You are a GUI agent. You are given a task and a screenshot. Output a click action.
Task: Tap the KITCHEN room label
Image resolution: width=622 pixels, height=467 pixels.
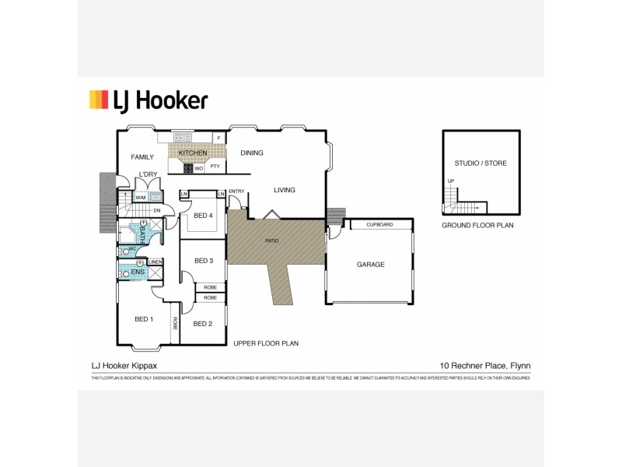point(193,153)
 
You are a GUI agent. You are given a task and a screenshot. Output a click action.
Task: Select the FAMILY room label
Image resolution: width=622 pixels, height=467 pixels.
point(143,156)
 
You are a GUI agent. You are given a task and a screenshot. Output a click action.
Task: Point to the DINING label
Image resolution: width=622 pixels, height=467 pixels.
point(252,153)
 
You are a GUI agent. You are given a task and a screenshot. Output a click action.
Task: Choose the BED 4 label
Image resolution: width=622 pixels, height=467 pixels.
point(204,215)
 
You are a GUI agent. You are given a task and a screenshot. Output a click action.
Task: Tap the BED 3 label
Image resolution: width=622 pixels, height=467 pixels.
point(204,260)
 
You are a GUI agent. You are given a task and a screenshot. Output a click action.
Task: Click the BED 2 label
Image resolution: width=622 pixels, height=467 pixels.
point(203,323)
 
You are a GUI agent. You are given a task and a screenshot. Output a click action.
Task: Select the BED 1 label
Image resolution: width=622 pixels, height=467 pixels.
point(145,319)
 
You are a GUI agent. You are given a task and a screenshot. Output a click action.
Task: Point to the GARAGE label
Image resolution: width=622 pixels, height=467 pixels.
point(371,265)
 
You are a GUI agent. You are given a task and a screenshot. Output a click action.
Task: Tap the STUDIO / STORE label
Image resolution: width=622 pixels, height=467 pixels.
point(480,163)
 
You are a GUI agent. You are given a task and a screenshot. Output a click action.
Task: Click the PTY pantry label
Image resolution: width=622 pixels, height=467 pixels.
point(215,167)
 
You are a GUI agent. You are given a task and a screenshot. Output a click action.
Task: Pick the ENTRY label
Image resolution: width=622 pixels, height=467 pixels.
point(236,191)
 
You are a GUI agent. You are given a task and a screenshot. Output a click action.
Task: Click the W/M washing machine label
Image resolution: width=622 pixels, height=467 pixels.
point(141,198)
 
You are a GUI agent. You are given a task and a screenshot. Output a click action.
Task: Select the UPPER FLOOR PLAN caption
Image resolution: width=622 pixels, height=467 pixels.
point(266,342)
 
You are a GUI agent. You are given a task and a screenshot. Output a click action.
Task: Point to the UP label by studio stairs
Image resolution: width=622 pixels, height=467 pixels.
point(450,181)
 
